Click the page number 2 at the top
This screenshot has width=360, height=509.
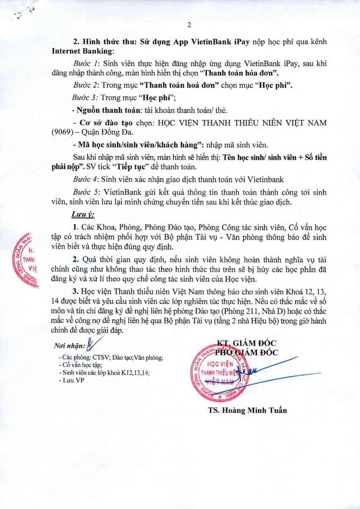[x=189, y=25]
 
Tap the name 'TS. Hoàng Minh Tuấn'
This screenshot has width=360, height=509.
[x=247, y=410]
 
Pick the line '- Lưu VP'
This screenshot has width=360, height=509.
[x=72, y=380]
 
